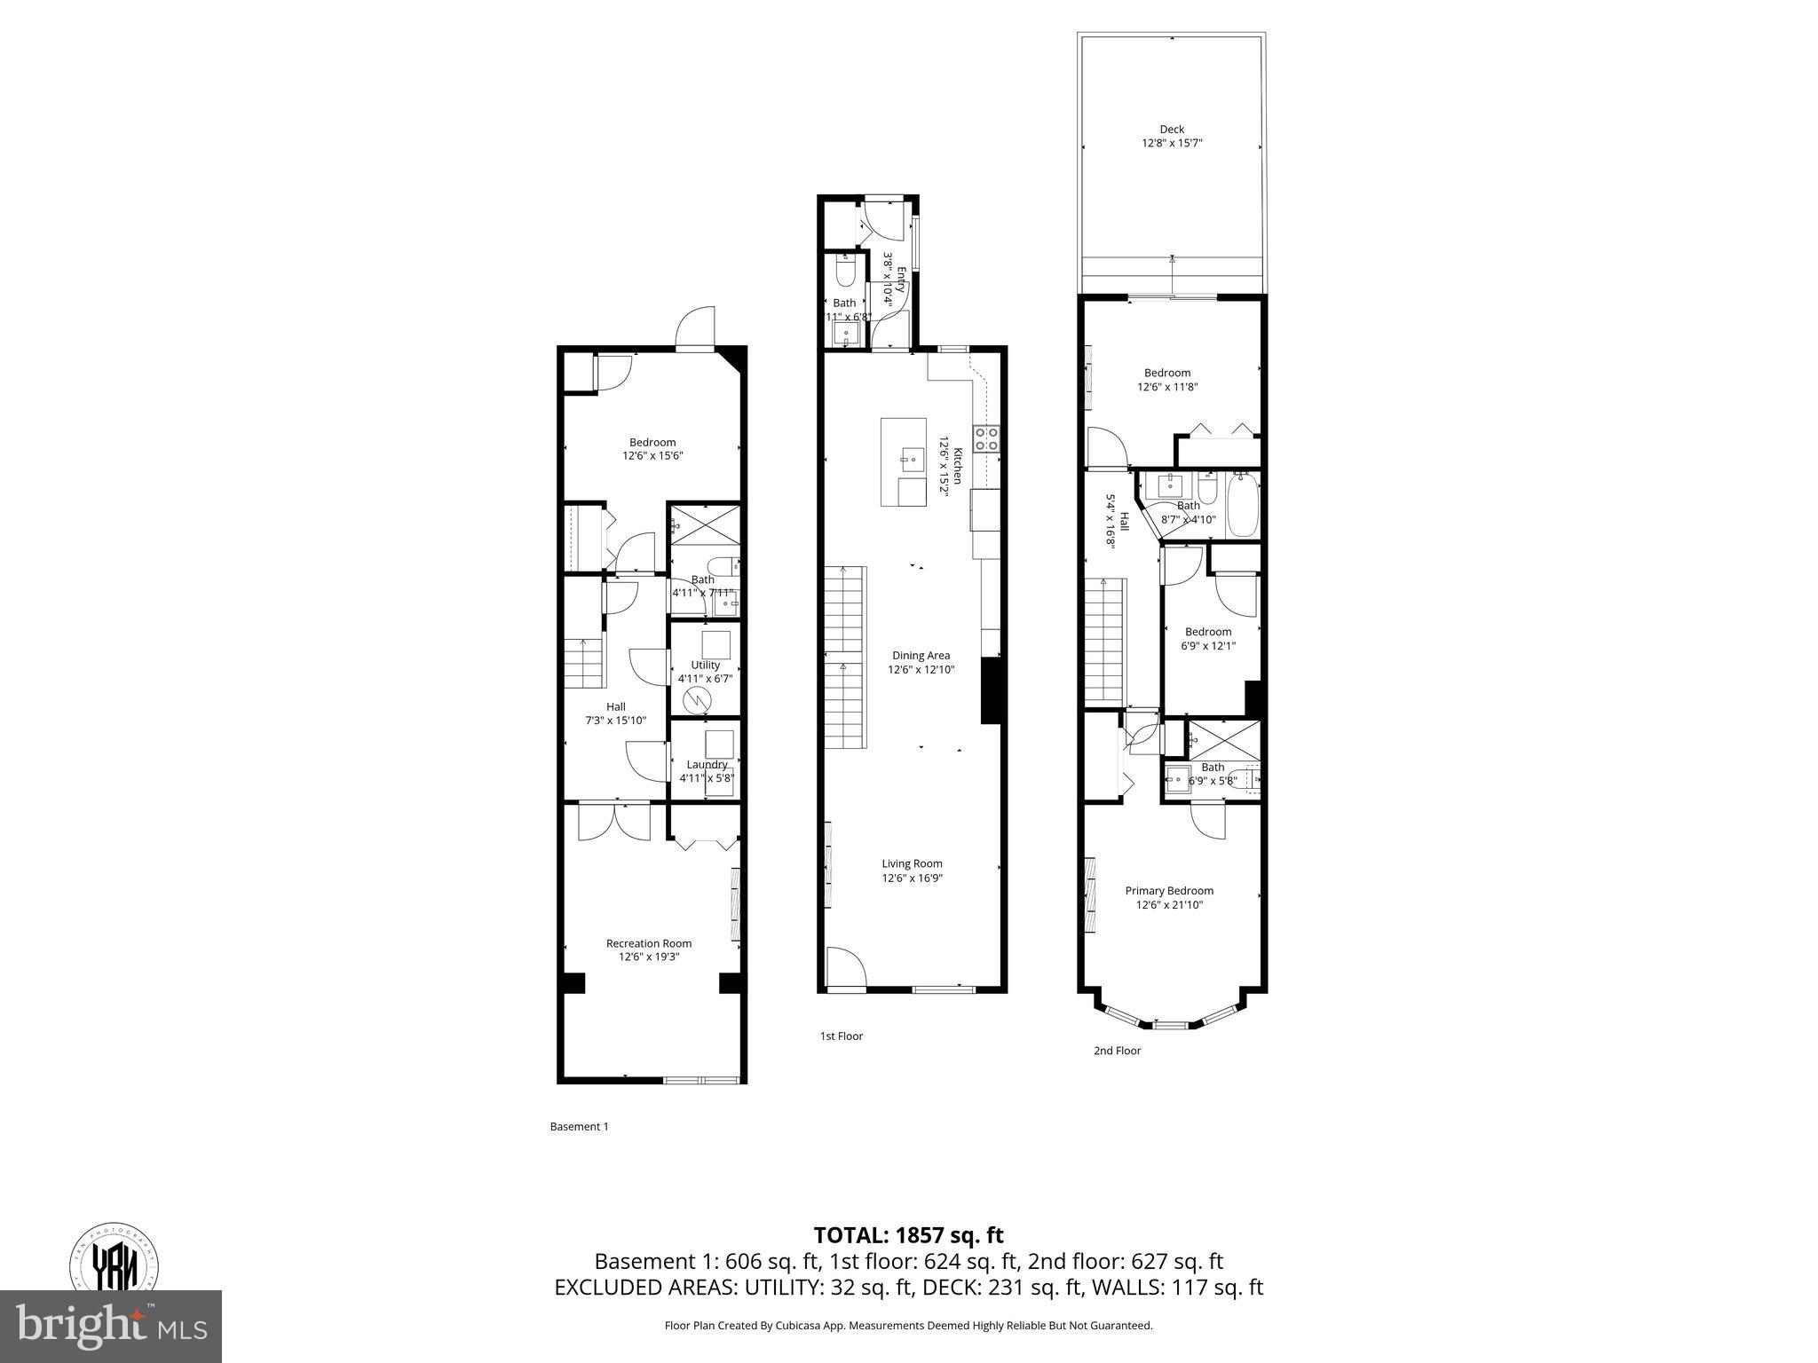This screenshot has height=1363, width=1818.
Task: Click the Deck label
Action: (x=1172, y=130)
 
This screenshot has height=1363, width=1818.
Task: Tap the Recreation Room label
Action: (x=649, y=943)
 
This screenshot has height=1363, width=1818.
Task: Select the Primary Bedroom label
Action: (x=1169, y=891)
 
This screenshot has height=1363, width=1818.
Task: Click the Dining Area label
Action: (x=921, y=656)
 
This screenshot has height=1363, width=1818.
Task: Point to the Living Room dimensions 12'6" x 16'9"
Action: (x=912, y=878)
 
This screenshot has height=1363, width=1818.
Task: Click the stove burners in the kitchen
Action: (x=987, y=438)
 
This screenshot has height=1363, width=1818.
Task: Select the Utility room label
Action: (x=706, y=665)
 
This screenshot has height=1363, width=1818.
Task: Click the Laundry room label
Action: (x=707, y=764)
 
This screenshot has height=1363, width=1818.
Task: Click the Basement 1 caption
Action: (x=579, y=1126)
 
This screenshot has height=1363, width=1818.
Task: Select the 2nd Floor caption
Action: (x=1117, y=1051)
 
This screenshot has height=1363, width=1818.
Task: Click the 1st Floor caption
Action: (x=841, y=1036)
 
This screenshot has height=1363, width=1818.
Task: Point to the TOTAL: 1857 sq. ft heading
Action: (x=908, y=1235)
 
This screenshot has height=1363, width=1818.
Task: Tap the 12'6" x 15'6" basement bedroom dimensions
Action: (x=652, y=456)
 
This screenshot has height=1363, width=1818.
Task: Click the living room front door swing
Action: (x=844, y=967)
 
